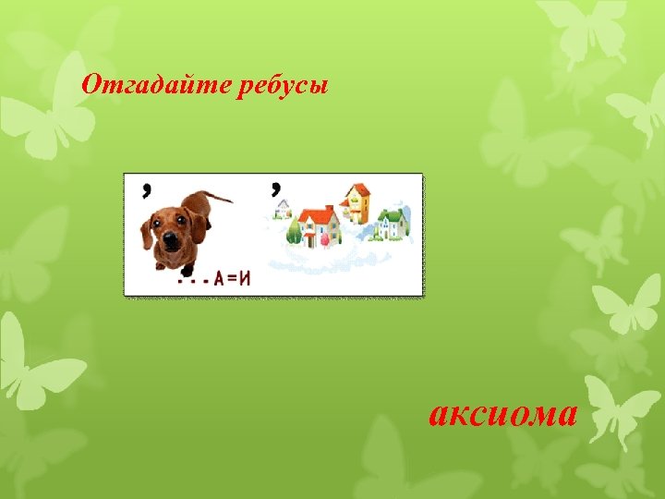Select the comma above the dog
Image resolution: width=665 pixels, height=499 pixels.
point(147,189)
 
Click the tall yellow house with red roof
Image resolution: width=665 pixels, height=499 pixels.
point(356,202)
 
